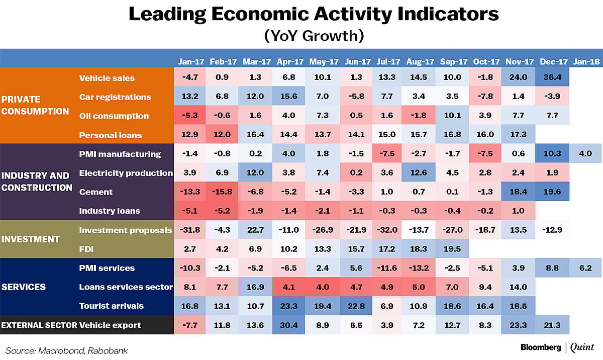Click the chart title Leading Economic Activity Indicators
314,14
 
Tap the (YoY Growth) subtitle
314,36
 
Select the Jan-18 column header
586,62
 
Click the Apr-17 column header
290,62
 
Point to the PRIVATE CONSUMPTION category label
35,105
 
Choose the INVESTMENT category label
30,239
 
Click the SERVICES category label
23,287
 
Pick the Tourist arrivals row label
111,306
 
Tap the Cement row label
96,192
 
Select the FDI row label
87,248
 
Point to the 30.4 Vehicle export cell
289,325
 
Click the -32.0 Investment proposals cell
388,230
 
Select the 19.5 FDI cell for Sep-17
453,248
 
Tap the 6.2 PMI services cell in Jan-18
586,268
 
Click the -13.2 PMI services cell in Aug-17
421,268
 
